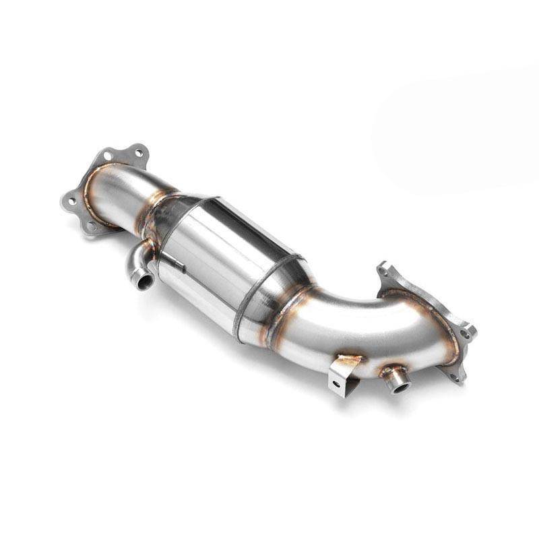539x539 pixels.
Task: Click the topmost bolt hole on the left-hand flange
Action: tap(139, 153)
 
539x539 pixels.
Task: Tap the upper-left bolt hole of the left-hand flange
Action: tap(108, 156)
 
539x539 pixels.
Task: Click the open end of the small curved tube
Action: tap(143, 279)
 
